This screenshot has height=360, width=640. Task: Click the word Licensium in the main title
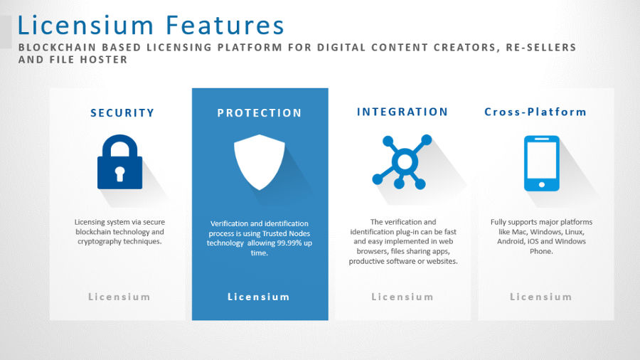point(85,25)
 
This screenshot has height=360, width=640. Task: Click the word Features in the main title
point(225,25)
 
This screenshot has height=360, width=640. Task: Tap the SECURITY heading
point(122,112)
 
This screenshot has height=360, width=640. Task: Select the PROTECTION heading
point(259,112)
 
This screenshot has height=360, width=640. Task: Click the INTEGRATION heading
point(402,112)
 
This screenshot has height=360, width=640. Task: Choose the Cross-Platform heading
point(535,112)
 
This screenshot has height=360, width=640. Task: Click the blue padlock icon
point(120,162)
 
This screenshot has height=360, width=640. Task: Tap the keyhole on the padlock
point(119,174)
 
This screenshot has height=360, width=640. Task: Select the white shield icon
point(259,162)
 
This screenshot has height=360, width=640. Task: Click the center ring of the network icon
point(405,162)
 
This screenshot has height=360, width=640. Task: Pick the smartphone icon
point(542,163)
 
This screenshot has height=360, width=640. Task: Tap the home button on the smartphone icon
point(542,185)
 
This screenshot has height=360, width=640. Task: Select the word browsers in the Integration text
point(371,251)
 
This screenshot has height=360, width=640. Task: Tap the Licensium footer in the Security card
point(119,297)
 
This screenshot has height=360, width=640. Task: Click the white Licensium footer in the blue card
point(259,297)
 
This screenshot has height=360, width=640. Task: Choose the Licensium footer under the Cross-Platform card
point(541,297)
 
